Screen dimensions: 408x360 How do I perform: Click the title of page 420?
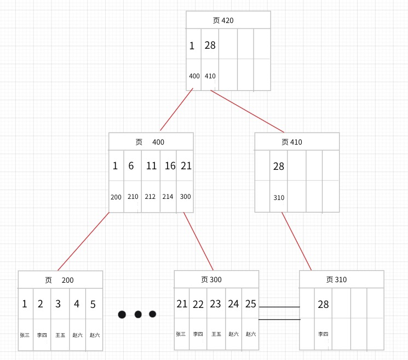point(223,20)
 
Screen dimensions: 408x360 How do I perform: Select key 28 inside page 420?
point(210,45)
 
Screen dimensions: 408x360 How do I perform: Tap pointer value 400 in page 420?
point(194,76)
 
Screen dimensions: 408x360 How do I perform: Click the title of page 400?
point(150,142)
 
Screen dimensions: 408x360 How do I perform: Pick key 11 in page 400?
point(151,166)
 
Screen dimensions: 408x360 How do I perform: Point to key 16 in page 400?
point(170,166)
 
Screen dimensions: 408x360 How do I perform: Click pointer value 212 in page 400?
point(150,197)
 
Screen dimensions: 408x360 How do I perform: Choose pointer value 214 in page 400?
point(168,197)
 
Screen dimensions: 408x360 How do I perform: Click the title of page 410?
point(292,142)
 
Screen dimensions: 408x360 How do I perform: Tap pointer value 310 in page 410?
point(279,198)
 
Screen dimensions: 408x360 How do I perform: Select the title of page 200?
point(59,280)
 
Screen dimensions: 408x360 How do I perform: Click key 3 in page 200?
point(58,304)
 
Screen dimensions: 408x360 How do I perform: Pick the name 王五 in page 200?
point(60,335)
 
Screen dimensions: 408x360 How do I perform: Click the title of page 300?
point(211,279)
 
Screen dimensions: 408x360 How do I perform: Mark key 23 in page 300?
point(215,304)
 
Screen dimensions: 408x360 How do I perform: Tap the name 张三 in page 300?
point(181,334)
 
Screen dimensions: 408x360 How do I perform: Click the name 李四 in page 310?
point(323,334)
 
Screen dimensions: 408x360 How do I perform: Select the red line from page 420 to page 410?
point(247,111)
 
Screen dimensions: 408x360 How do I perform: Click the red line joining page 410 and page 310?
point(297,241)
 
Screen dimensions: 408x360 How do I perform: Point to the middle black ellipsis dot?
point(138,315)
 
